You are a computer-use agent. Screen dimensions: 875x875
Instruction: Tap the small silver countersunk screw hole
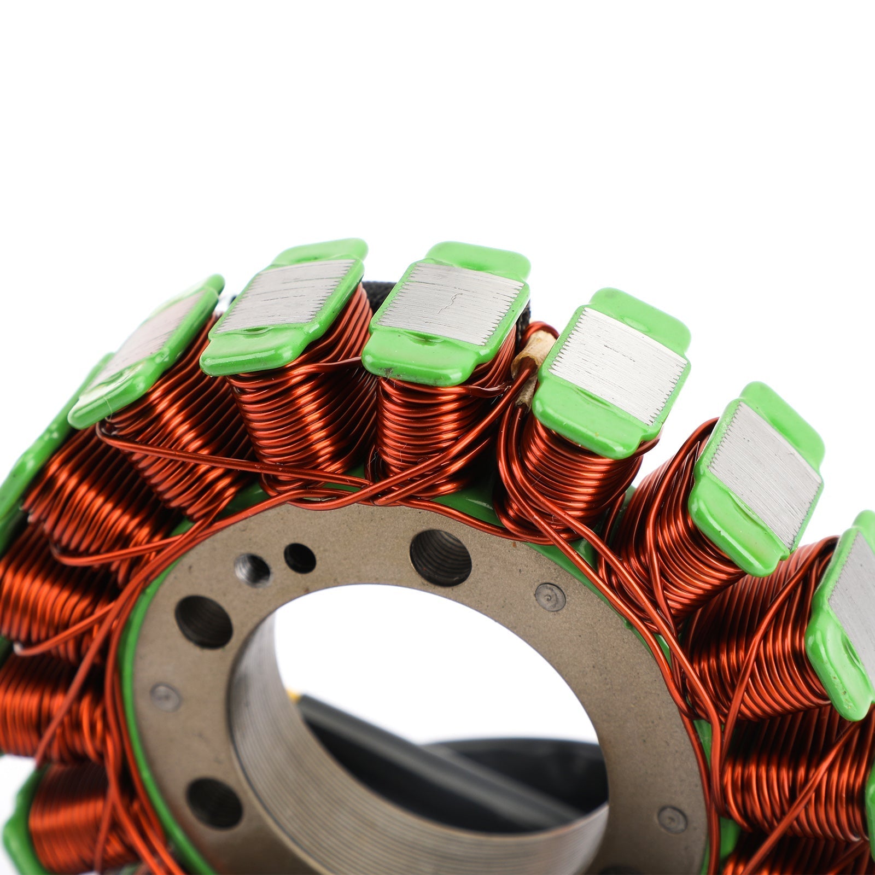[x=253, y=569]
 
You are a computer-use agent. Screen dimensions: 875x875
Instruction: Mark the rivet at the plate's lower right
[x=671, y=819]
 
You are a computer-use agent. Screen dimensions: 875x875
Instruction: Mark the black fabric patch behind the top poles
[x=383, y=293]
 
